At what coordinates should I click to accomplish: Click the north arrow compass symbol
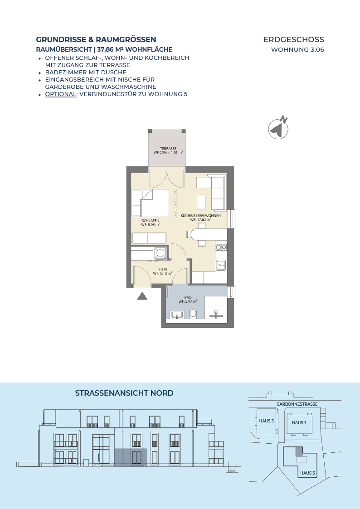pos(278,127)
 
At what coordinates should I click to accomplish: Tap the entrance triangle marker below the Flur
pos(142,296)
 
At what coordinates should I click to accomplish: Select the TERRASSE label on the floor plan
pos(168,149)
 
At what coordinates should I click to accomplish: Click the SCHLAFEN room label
pos(150,221)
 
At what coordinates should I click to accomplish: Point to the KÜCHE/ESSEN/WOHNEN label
pos(200,216)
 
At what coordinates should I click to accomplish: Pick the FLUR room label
pos(163,270)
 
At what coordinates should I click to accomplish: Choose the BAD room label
pos(188,297)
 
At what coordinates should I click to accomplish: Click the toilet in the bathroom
pos(193,313)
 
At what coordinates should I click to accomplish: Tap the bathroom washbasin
pos(177,314)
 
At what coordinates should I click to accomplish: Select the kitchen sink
pos(221,265)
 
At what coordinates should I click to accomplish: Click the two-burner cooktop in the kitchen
pos(221,247)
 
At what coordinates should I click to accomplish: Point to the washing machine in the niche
pos(161,253)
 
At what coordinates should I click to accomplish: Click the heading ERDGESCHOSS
pos(293,39)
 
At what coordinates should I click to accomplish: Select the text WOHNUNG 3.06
pos(297,50)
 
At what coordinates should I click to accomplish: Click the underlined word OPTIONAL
pos(60,94)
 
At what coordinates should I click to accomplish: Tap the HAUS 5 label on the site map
pos(266,421)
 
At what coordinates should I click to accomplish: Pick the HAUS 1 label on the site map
pos(299,422)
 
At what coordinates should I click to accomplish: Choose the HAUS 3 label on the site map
pos(307,473)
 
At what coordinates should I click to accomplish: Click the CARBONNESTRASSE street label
pos(297,404)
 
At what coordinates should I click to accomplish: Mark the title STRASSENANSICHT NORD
pos(124,393)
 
